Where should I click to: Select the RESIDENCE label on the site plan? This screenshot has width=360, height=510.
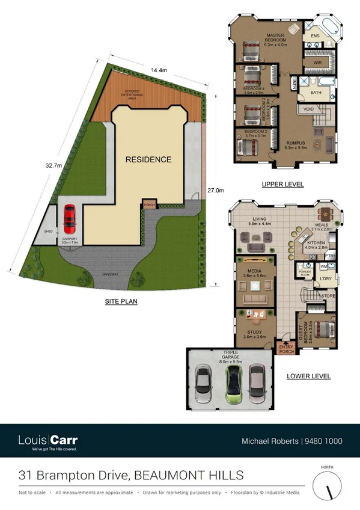point(148,159)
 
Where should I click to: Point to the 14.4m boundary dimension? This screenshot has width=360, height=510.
point(159,70)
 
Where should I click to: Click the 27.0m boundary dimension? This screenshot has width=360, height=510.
point(216,191)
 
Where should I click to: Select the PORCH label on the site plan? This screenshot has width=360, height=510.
point(150,205)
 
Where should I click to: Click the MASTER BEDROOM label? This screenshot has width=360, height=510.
point(275,39)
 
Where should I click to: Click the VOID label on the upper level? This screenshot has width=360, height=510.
point(308,109)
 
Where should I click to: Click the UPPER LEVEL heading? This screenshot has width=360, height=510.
point(282,184)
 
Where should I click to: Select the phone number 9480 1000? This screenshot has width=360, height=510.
point(325,441)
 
